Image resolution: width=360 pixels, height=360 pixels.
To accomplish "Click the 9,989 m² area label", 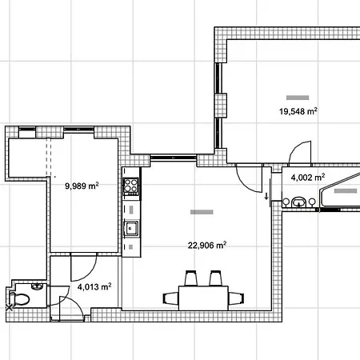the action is click(82, 186).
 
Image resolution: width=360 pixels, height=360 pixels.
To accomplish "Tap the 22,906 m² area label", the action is click(207, 245).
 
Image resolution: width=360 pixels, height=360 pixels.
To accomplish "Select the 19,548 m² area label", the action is click(298, 111).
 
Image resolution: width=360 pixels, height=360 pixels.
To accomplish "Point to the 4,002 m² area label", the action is click(308, 178).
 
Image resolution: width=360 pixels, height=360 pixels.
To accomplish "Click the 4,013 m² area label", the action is click(94, 286).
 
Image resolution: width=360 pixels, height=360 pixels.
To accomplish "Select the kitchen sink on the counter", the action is click(131, 228).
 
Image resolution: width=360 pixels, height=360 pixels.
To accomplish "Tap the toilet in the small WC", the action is click(18, 299).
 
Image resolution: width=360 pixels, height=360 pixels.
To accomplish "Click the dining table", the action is click(203, 298).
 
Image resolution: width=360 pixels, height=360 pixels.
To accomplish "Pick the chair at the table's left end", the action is click(170, 298).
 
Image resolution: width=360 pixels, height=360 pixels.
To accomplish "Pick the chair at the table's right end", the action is click(236, 298).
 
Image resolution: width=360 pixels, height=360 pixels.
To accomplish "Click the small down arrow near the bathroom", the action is click(266, 196).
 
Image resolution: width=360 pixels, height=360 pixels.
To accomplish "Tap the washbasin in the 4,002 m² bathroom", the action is click(298, 202).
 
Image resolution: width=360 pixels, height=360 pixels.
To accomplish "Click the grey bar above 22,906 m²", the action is click(202, 212).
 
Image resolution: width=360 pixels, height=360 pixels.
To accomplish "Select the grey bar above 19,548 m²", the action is click(298, 98).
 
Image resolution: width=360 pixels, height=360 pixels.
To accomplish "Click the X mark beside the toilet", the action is click(10, 308).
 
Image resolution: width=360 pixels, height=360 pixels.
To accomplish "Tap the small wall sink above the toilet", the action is click(38, 286).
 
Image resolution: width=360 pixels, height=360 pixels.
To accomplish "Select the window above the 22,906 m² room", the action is click(174, 158).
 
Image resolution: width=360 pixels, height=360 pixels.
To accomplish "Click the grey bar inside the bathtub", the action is click(346, 190).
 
